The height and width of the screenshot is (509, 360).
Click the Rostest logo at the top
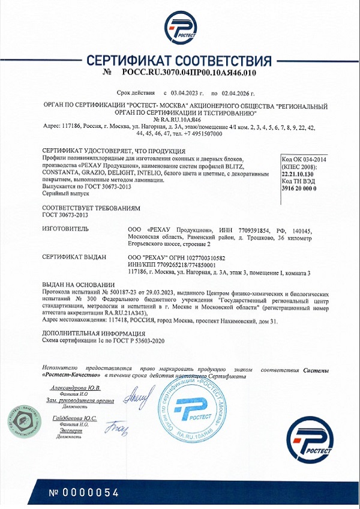179,28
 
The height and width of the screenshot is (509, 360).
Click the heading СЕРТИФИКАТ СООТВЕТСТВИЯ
179,61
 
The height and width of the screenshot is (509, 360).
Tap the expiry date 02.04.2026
238,94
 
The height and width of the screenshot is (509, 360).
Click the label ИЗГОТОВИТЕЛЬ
65,229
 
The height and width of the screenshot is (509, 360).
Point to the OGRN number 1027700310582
206,257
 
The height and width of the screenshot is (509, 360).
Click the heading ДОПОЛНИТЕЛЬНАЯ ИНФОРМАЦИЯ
89,333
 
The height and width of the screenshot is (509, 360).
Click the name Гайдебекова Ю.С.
74,418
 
